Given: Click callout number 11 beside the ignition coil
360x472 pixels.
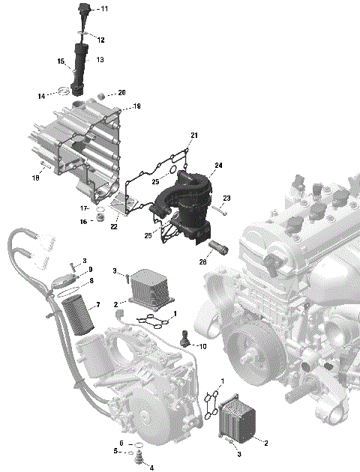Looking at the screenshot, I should coord(103,9).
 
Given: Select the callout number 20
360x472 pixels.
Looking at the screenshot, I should coord(121,93).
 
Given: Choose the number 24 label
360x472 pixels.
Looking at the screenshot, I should coord(219,166).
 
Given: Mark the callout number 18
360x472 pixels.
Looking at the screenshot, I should coord(35,178).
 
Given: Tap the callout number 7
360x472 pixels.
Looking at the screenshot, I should coord(97,306).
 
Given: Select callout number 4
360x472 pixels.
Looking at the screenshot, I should coord(151,468).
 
